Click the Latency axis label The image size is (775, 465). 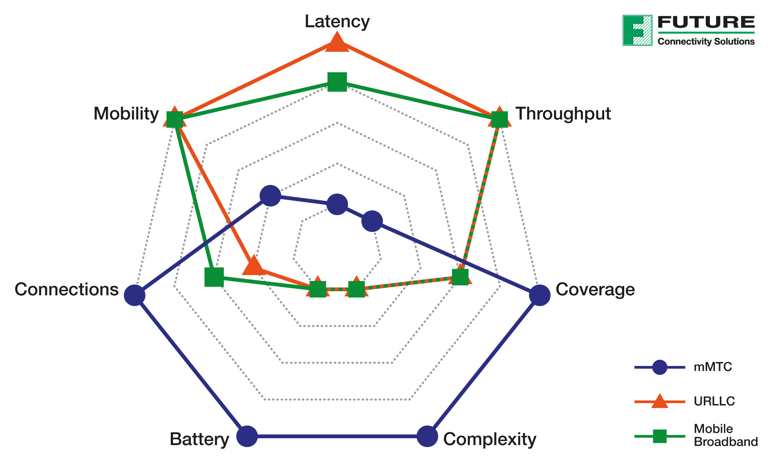point(337,21)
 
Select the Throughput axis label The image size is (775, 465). point(563,114)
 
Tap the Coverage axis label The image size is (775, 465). point(595,289)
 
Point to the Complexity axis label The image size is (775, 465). point(489,439)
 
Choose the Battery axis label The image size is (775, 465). point(199,439)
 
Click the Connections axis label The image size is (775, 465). point(67,289)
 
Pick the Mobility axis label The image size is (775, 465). point(126,114)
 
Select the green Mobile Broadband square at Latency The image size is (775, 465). point(337,82)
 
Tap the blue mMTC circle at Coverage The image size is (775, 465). point(539,295)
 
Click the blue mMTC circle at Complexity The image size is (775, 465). point(427,436)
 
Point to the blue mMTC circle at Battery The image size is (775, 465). point(247,436)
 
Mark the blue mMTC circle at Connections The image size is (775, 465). point(134,295)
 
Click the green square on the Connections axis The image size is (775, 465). point(214,277)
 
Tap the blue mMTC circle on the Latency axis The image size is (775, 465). point(337,204)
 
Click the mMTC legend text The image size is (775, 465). point(713,367)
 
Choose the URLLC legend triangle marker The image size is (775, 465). point(659,401)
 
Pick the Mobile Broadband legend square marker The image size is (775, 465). point(659,436)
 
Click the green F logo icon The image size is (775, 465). point(637,30)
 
